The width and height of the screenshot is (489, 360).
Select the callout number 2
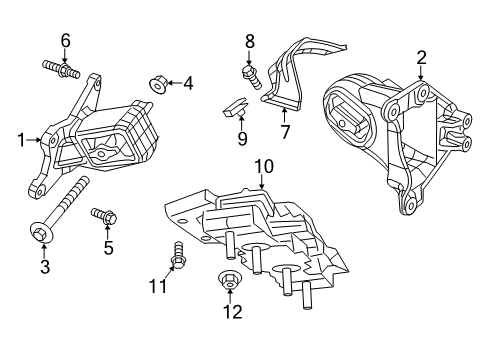point(421,57)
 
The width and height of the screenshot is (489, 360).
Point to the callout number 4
point(188,84)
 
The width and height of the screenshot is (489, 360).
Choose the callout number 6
point(67,40)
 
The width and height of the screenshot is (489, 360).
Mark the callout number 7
point(284,131)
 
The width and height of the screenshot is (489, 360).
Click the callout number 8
point(251,41)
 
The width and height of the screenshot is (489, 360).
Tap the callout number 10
point(263,165)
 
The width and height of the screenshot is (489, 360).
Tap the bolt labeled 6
point(62,70)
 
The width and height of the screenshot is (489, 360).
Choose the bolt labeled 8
point(251,72)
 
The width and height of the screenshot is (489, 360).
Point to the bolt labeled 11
point(180,256)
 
